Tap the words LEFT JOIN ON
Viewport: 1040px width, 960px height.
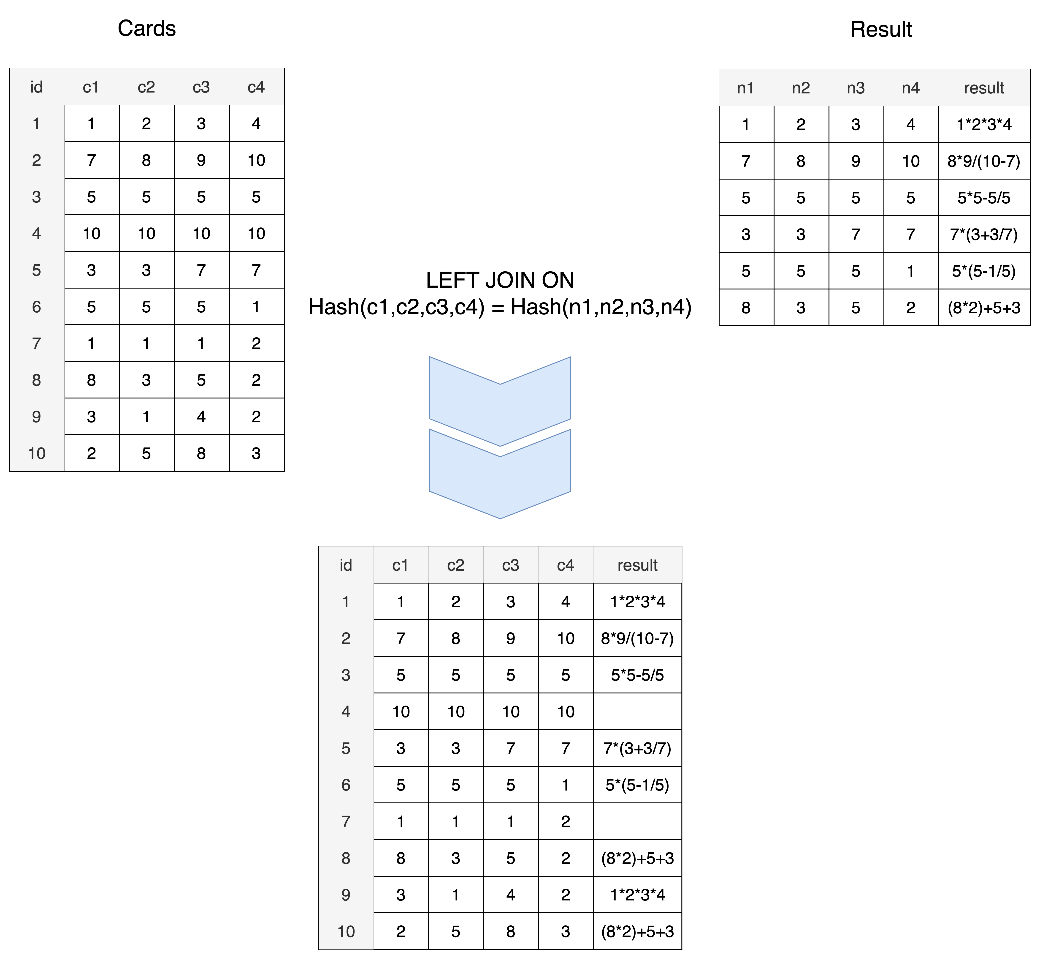pos(500,281)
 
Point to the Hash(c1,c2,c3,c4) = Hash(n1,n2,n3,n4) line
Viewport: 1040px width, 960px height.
pos(500,307)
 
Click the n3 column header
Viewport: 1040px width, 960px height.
pos(856,88)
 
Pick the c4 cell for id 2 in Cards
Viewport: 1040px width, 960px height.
pos(257,160)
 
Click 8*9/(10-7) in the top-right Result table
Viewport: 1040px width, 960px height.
pos(984,161)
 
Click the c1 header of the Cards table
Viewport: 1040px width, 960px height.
pos(91,87)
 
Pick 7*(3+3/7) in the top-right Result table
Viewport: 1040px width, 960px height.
pos(984,234)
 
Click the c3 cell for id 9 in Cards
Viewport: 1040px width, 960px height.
pos(201,417)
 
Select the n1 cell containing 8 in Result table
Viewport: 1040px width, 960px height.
pos(746,308)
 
